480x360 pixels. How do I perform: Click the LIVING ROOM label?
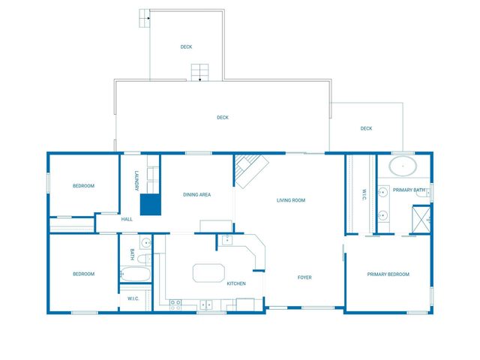click(291, 200)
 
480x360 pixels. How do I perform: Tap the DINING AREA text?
click(196, 194)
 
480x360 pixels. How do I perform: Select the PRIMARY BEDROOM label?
click(388, 274)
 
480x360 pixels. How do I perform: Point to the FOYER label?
click(304, 277)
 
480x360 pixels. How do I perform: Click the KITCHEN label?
click(236, 283)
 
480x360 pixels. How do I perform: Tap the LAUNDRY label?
click(136, 181)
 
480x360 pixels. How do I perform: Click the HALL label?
click(127, 219)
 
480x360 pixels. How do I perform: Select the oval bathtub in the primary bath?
click(403, 166)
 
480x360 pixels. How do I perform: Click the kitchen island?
click(208, 273)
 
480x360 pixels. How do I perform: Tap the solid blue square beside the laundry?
click(151, 205)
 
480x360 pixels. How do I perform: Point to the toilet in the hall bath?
click(144, 259)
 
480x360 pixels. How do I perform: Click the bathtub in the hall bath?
click(135, 274)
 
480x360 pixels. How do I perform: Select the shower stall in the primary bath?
click(421, 219)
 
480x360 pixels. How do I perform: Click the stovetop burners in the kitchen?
click(175, 305)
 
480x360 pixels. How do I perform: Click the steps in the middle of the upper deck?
click(200, 73)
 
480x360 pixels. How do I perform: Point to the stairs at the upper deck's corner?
click(145, 18)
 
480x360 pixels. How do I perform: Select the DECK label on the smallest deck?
click(366, 128)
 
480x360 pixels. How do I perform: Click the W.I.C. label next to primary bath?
click(364, 195)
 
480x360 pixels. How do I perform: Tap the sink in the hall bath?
click(146, 242)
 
